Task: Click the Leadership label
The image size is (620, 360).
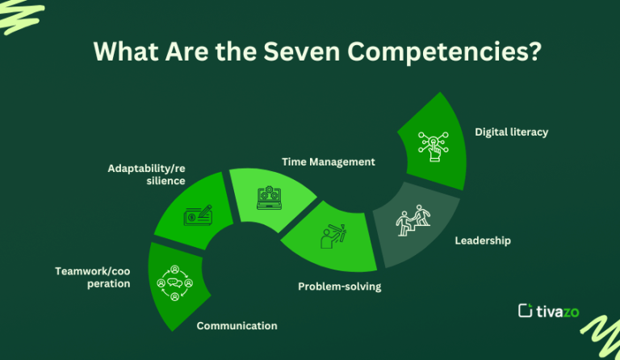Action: pyautogui.click(x=483, y=241)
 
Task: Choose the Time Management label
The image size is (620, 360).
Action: pyautogui.click(x=328, y=161)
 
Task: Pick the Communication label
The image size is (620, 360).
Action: pyautogui.click(x=237, y=326)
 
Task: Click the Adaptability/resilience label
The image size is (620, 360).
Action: pyautogui.click(x=146, y=174)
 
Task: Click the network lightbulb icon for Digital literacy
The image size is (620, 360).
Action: pyautogui.click(x=434, y=143)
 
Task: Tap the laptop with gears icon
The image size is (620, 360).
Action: pyautogui.click(x=268, y=199)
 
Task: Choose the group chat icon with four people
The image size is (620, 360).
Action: pyautogui.click(x=175, y=283)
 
